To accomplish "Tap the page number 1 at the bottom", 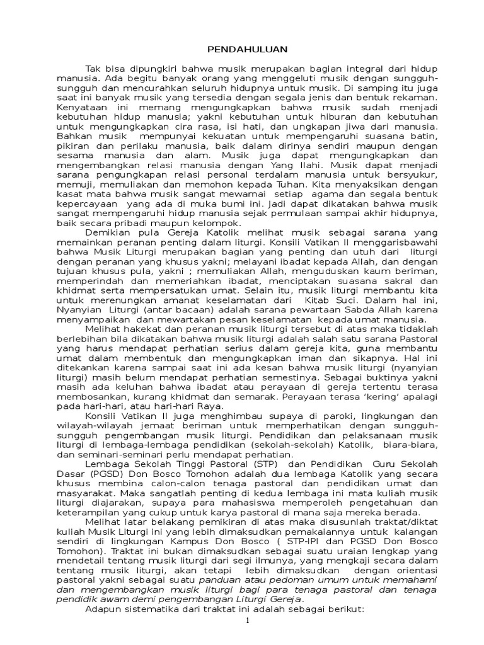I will click(248, 620).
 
